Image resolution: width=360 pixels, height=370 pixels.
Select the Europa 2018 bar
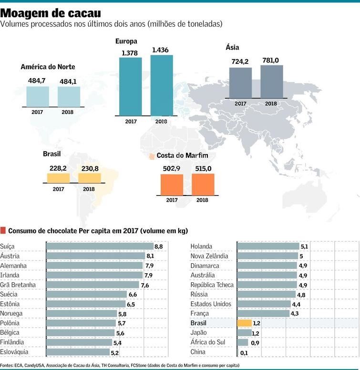point(162,85)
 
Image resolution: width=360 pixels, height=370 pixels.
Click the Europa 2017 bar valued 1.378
point(130,86)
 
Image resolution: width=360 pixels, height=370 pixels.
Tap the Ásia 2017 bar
point(240,82)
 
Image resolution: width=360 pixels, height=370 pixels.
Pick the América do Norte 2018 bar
point(69,97)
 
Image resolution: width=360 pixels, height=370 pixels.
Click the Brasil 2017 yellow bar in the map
point(58,178)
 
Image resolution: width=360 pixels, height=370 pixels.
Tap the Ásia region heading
point(232,47)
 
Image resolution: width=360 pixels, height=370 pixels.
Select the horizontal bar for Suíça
point(100,246)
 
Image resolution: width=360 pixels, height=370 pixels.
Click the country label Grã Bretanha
point(18,285)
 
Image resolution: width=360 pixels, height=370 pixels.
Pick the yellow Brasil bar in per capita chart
point(244,323)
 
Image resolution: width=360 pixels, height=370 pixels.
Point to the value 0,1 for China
point(244,352)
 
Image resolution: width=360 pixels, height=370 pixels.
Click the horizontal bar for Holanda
point(268,246)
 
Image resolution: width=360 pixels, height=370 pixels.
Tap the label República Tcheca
point(212,285)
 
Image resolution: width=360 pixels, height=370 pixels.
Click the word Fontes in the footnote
point(7,365)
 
